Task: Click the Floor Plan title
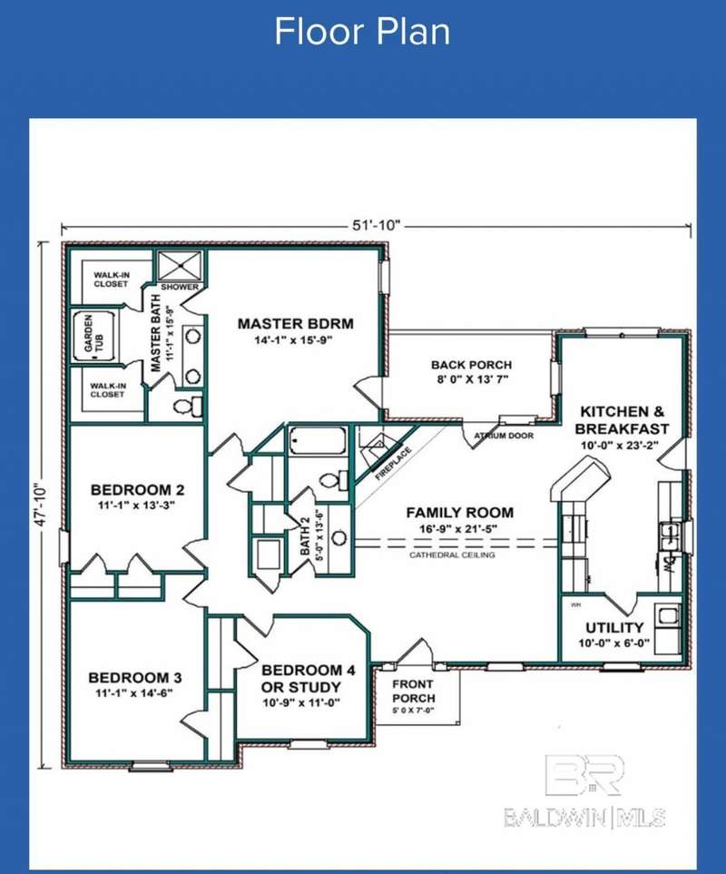click(362, 32)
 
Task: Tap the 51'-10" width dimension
click(376, 225)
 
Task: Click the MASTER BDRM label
click(295, 323)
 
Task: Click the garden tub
click(94, 335)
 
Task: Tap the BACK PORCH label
click(471, 365)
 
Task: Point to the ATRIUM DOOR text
click(504, 436)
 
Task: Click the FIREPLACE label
click(393, 464)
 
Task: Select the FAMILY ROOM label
click(460, 512)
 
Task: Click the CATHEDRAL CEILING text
click(452, 555)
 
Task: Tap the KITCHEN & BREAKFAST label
click(622, 420)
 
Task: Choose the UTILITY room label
click(614, 628)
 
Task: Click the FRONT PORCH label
click(414, 692)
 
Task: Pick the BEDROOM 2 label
click(137, 490)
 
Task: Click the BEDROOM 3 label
click(135, 678)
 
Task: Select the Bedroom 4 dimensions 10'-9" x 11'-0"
click(301, 702)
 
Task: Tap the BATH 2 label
click(305, 536)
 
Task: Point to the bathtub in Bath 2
click(317, 441)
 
